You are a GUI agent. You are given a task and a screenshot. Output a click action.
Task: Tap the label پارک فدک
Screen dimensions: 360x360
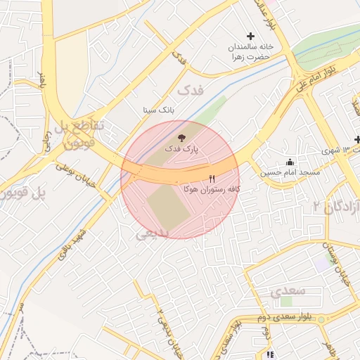pyautogui.click(x=182, y=149)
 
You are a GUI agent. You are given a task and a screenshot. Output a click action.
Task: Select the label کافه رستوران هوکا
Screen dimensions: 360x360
pyautogui.click(x=211, y=190)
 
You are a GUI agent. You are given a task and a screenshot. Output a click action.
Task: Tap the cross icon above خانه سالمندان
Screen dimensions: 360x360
pyautogui.click(x=250, y=36)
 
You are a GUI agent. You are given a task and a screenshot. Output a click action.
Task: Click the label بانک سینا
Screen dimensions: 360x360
pyautogui.click(x=157, y=110)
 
